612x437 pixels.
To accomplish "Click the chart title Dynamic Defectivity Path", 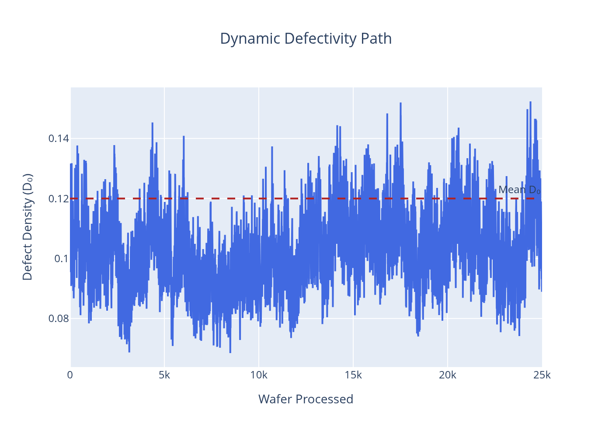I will click(x=306, y=38).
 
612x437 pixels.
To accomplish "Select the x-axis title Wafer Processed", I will click(x=306, y=399).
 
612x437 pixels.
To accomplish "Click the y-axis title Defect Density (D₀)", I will click(x=28, y=227).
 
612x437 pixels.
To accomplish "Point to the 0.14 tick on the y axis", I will click(x=58, y=139).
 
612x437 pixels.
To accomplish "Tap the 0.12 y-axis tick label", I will click(x=58, y=199).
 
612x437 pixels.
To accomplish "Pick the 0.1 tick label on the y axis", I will click(x=61, y=259).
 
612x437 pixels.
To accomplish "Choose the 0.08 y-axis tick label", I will click(x=58, y=319).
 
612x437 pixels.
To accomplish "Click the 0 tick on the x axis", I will click(x=70, y=375).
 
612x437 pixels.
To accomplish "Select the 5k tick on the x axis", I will click(x=164, y=375).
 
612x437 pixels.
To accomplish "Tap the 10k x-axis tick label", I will click(x=259, y=375).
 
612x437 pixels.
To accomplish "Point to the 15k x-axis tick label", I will click(x=353, y=375).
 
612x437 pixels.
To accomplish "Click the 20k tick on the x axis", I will click(x=448, y=375).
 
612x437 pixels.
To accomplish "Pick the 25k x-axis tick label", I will click(x=542, y=375).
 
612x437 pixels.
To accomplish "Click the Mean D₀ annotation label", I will click(x=519, y=190).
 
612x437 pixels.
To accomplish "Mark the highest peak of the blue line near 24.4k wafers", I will click(x=530, y=102).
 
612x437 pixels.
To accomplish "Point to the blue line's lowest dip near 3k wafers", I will click(x=129, y=351).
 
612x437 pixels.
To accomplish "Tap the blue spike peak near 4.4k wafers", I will click(x=153, y=123).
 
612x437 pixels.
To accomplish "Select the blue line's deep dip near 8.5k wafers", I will click(x=230, y=352).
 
